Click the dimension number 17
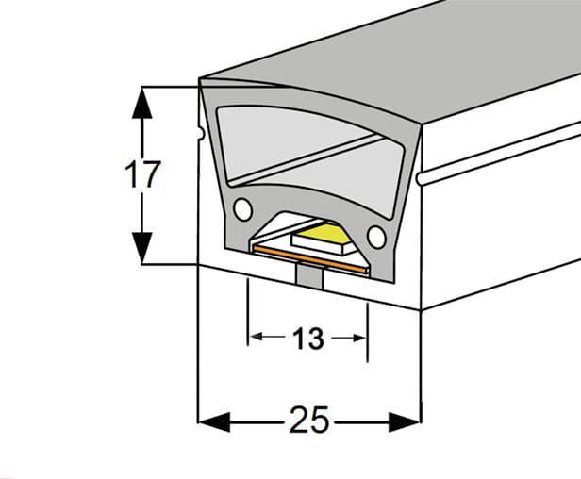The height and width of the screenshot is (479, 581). pyautogui.click(x=142, y=174)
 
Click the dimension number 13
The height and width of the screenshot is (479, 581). pyautogui.click(x=307, y=339)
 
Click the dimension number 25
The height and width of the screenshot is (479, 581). pyautogui.click(x=309, y=420)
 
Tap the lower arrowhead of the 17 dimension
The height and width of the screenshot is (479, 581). pyautogui.click(x=141, y=248)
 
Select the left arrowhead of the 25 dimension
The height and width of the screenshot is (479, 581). pyautogui.click(x=214, y=421)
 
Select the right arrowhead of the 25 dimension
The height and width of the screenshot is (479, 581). pyautogui.click(x=405, y=421)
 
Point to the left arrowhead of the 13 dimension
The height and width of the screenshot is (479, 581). pyautogui.click(x=257, y=337)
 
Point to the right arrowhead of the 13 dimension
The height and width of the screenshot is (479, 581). pyautogui.click(x=359, y=338)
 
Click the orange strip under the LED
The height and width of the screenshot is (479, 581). pyautogui.click(x=310, y=259)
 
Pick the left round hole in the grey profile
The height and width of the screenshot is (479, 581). pyautogui.click(x=243, y=209)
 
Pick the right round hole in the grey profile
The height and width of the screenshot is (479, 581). pyautogui.click(x=376, y=237)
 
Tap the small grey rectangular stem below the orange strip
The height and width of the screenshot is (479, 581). pyautogui.click(x=309, y=276)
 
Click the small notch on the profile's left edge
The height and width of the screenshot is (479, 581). pyautogui.click(x=201, y=133)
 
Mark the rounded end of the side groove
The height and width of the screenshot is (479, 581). pyautogui.click(x=420, y=178)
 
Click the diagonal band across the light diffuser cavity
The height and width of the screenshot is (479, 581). pyautogui.click(x=306, y=159)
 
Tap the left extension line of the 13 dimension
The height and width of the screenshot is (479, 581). pyautogui.click(x=248, y=312)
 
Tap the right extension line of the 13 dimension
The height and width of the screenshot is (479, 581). pyautogui.click(x=367, y=332)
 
